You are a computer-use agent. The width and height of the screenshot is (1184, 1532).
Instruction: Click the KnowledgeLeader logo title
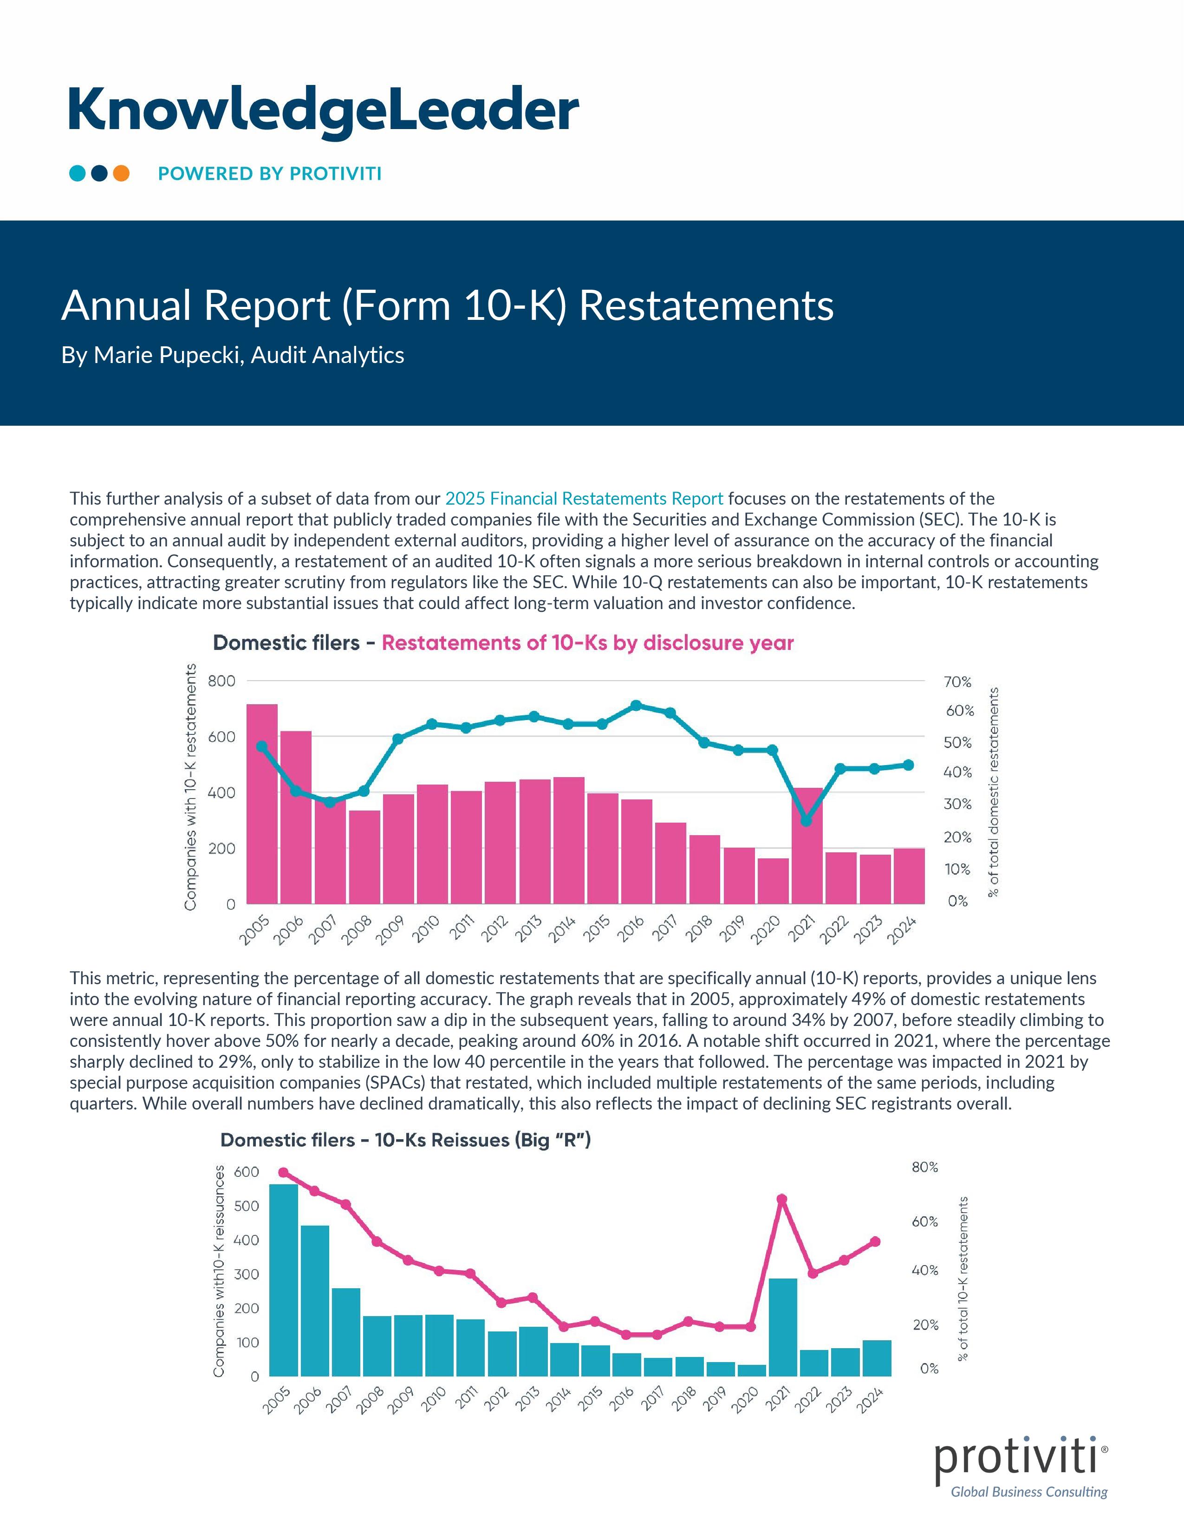(323, 110)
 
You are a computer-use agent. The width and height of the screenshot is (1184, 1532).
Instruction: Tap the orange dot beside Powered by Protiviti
(121, 173)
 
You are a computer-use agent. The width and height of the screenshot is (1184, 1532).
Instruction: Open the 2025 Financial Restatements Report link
(584, 499)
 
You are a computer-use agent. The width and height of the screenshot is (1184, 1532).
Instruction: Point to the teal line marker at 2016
(636, 705)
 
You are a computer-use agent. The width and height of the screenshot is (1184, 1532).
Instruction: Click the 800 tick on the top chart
(221, 681)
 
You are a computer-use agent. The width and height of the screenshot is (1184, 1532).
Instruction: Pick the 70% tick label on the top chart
(957, 682)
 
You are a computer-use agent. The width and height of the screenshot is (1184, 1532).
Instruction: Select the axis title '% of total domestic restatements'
(993, 792)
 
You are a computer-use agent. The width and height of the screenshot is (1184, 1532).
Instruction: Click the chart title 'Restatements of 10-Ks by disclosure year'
(587, 643)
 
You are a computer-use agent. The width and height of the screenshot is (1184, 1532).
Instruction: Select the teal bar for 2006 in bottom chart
(315, 1301)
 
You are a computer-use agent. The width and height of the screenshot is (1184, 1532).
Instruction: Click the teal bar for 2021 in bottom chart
(783, 1327)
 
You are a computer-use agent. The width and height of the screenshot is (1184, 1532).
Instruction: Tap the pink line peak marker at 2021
(782, 1199)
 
